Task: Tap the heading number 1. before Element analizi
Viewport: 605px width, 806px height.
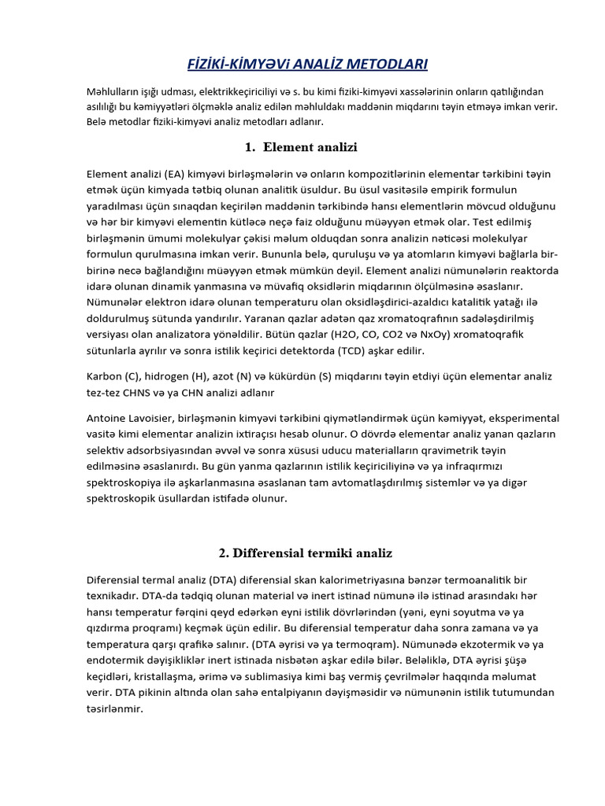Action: [251, 146]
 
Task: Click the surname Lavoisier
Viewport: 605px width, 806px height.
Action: [165, 418]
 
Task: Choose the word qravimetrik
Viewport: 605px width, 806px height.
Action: [460, 451]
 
